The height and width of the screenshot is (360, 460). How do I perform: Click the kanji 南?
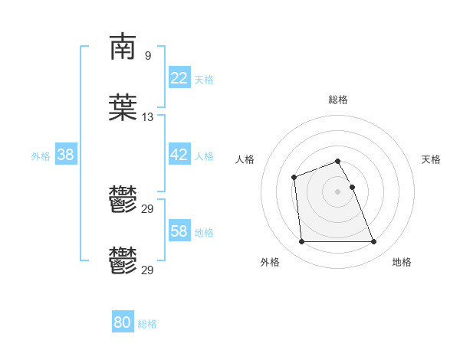point(123,47)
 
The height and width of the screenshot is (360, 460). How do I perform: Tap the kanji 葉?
point(123,108)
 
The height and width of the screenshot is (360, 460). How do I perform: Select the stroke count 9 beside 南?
point(147,56)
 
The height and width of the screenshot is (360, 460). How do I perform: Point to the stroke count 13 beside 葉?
point(147,117)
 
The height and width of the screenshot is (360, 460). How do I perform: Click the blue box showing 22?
point(179,78)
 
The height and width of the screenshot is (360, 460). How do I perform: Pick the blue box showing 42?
point(179,155)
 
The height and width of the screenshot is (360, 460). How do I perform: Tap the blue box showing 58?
point(179,231)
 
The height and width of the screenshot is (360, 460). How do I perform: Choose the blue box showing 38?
point(66,155)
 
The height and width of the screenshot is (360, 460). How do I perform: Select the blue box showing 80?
point(123,322)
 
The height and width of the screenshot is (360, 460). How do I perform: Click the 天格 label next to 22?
point(204,80)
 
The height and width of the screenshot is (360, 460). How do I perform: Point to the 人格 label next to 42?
point(204,156)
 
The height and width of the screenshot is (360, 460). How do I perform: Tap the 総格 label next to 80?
point(147,324)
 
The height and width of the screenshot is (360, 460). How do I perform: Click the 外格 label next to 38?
point(41,156)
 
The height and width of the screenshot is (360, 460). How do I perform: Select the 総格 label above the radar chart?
point(338,100)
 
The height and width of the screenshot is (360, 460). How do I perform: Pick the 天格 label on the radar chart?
point(432,159)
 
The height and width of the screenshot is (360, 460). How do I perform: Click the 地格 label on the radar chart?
point(402,262)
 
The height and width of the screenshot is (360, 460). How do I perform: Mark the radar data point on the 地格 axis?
point(373,242)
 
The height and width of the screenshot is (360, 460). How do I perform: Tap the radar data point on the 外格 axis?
point(301,242)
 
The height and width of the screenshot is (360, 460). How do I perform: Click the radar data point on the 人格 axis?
point(294,178)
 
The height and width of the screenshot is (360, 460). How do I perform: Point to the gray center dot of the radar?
point(338,191)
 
